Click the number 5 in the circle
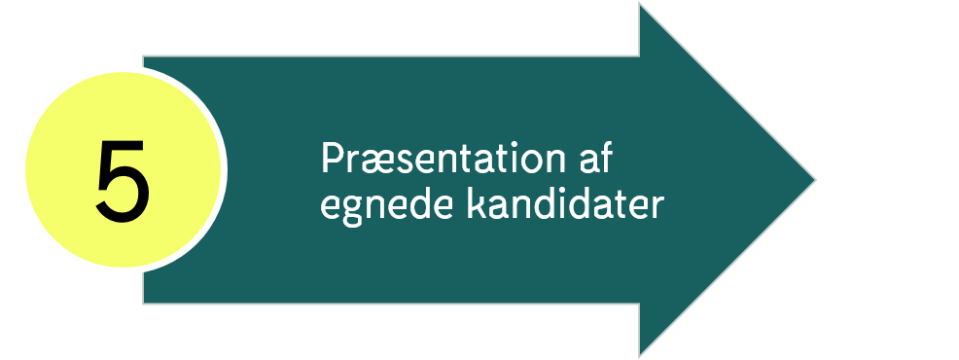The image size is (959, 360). [x=123, y=180]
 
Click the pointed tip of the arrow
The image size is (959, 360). [x=814, y=180]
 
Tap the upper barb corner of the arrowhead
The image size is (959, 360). [x=640, y=4]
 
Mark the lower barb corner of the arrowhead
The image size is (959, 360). [x=640, y=356]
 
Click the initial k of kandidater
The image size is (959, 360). [x=474, y=204]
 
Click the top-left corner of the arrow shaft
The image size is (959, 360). [x=144, y=56]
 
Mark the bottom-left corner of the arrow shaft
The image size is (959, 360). [x=144, y=304]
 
